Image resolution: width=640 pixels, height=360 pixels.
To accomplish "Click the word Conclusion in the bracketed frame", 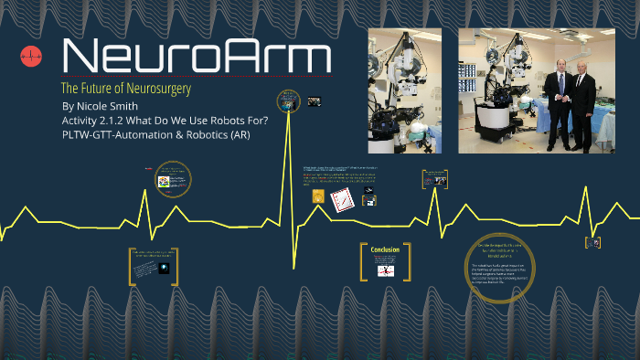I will point(385,249).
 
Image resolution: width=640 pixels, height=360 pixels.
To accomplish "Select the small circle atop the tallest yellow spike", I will point(289,103).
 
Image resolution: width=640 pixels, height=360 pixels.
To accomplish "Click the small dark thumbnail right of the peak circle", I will point(314,101).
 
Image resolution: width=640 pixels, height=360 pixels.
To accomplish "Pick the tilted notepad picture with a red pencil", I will point(343,198).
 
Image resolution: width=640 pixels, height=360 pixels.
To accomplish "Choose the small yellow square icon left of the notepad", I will point(318,196).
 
